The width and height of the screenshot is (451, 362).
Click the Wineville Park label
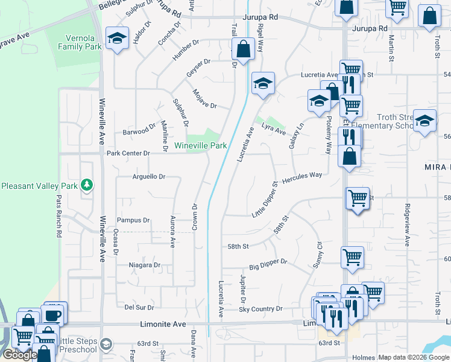point(201,145)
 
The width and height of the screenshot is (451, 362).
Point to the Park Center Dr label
point(128,153)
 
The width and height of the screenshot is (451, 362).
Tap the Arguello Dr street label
point(148,177)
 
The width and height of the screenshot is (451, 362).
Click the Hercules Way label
point(302,176)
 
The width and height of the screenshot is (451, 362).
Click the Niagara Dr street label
point(145,265)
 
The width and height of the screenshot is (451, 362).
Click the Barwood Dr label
point(139,131)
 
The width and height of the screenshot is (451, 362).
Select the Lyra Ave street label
point(274,129)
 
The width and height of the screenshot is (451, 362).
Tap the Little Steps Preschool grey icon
point(107,343)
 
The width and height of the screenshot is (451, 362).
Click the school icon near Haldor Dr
point(116,40)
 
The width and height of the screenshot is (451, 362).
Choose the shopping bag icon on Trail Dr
point(243,50)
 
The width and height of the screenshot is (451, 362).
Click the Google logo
point(19,355)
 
